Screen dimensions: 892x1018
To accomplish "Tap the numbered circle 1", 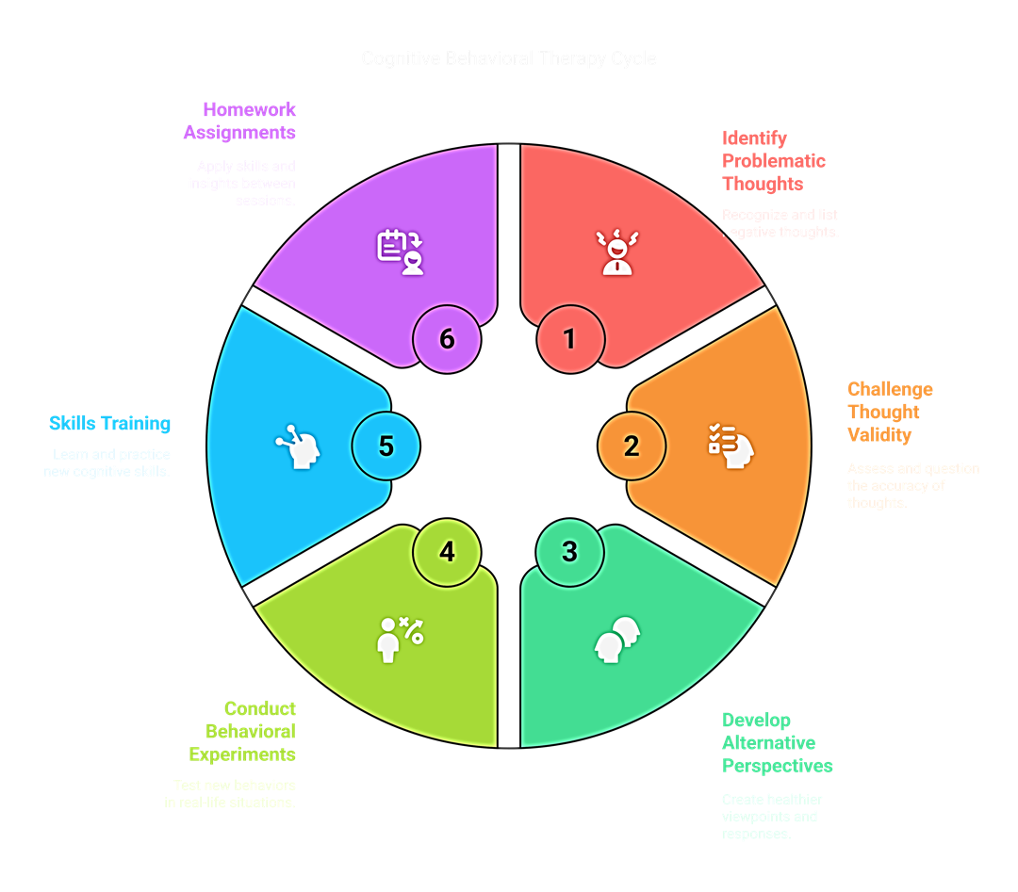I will tap(569, 338).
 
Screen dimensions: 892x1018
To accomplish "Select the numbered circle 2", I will tap(632, 446).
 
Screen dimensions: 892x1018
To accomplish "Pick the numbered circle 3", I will tap(569, 551).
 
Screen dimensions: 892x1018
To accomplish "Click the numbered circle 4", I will tap(447, 551).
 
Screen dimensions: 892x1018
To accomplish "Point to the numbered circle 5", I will tap(386, 446).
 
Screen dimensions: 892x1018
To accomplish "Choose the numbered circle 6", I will tap(447, 338).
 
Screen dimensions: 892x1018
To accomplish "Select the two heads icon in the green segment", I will tap(617, 640).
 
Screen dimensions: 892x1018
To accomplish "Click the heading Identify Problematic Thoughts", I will tap(773, 160).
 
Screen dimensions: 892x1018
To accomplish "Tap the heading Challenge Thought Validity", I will tap(889, 412).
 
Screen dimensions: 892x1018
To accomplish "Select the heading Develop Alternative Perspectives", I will tap(777, 742).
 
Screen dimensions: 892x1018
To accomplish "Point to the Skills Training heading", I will tap(110, 423).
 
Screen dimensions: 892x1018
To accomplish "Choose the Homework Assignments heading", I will tap(240, 121).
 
